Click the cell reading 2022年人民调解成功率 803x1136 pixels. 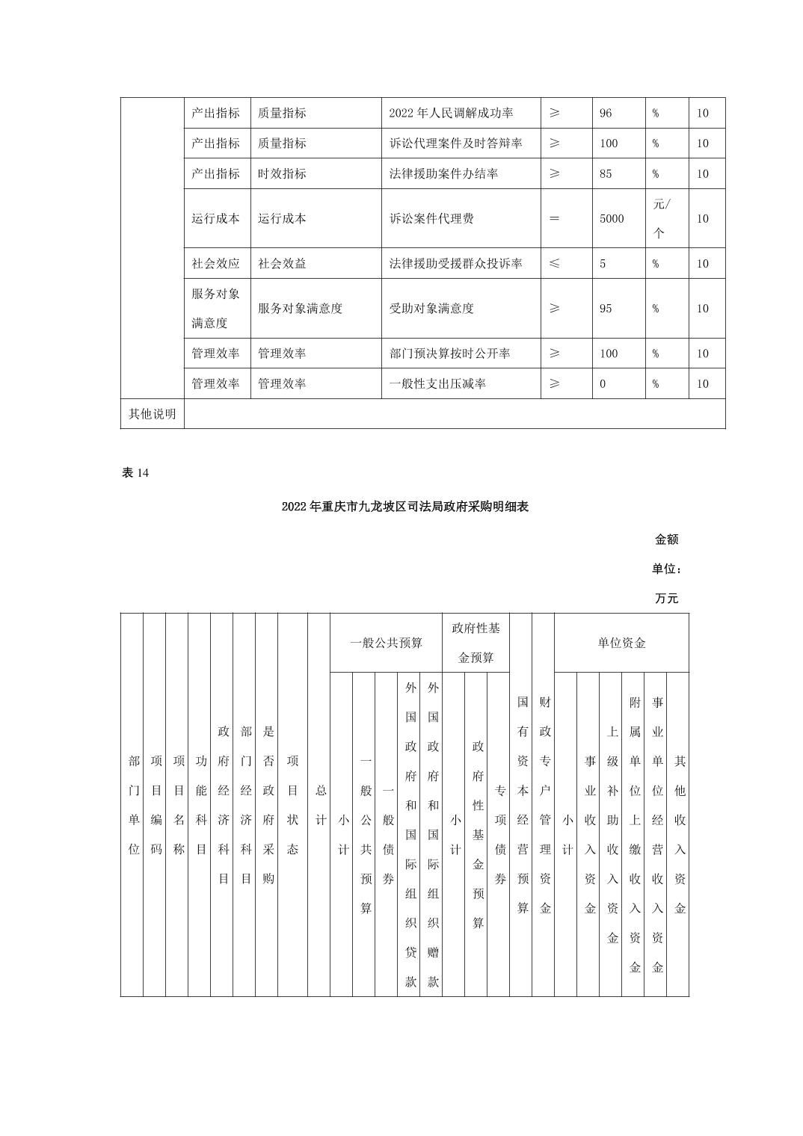point(451,114)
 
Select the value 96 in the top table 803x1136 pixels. point(606,114)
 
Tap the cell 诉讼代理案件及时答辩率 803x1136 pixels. point(455,143)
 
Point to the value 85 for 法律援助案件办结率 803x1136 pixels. point(606,173)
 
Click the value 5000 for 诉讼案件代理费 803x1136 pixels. point(612,218)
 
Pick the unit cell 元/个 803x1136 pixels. point(662,218)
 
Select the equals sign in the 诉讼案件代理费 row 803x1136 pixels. point(554,218)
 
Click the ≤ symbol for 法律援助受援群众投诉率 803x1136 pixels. point(554,264)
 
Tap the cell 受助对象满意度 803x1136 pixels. point(431,309)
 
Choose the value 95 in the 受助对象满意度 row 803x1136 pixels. point(606,309)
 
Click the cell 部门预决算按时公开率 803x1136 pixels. point(449,354)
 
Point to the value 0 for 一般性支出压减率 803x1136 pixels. point(603,384)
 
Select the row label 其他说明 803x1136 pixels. point(152,414)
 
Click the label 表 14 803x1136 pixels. point(135,473)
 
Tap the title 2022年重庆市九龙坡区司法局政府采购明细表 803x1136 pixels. point(404,507)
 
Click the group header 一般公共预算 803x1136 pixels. point(386,643)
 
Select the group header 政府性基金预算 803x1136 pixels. point(476,643)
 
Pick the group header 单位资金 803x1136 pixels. point(621,643)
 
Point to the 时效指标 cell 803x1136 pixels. point(282,173)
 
